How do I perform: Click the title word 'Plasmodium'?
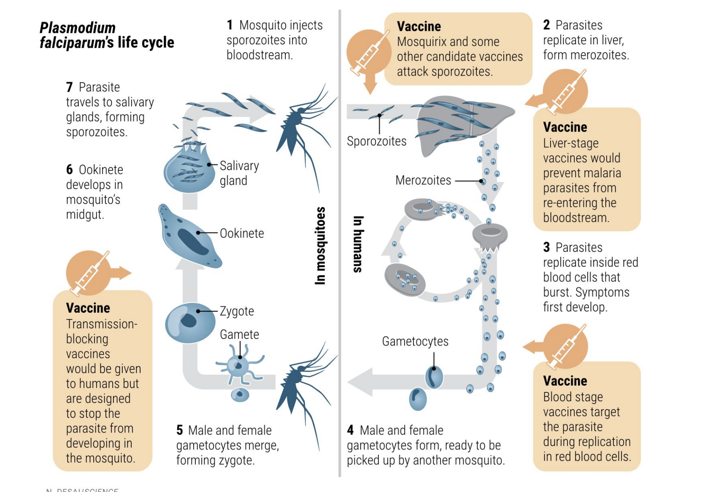tap(78, 28)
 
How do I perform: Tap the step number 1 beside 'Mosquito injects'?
tap(230, 25)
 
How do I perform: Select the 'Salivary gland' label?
tap(239, 173)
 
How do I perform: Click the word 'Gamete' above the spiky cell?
tap(239, 335)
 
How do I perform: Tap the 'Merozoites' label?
tap(423, 181)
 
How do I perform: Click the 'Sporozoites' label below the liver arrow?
tap(376, 141)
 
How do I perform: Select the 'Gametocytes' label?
tap(415, 341)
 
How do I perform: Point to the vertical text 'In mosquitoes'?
tap(321, 246)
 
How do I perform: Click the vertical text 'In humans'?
tap(358, 244)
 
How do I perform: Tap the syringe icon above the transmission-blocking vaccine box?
tap(89, 272)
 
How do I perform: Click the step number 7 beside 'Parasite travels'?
tap(70, 87)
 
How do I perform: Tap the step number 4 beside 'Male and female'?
tap(350, 430)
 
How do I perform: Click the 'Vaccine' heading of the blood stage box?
tap(565, 381)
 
